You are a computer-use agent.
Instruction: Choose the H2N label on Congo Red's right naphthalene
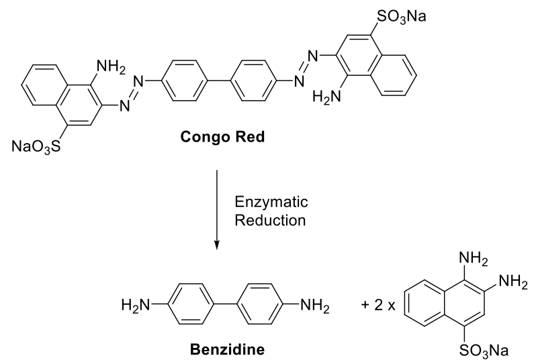pos(325,98)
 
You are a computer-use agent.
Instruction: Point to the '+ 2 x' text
pos(379,308)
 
